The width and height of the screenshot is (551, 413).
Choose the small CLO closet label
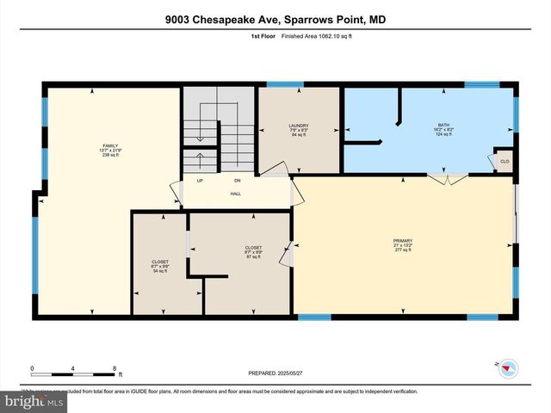[504, 161]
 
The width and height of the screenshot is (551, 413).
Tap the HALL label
[235, 194]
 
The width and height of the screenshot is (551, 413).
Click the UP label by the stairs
[200, 181]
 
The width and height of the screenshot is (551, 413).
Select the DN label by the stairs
[238, 181]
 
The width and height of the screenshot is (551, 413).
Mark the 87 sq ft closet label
[253, 252]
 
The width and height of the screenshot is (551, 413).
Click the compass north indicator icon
[507, 367]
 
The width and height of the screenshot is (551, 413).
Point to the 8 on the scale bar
[115, 368]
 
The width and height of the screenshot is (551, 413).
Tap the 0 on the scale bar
[32, 368]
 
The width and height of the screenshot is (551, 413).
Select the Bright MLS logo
[34, 401]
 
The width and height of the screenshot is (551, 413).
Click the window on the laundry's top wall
[279, 84]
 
